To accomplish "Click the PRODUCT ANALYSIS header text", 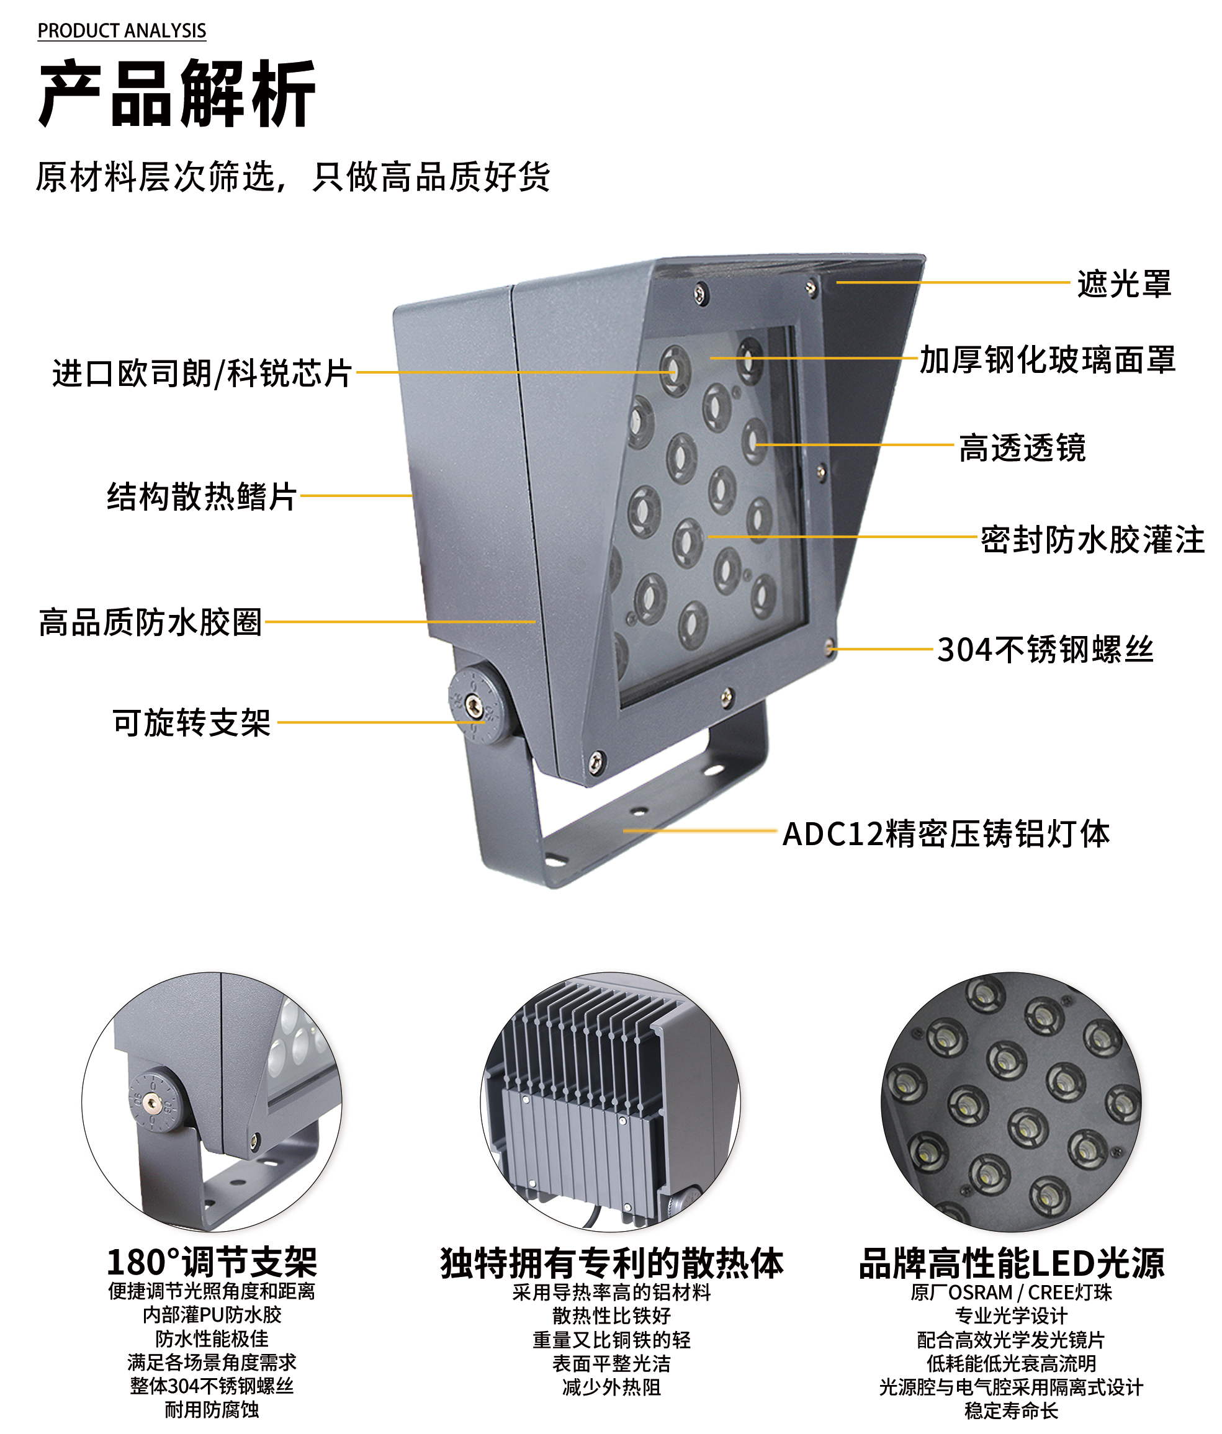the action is [x=122, y=31].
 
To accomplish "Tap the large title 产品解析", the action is [x=177, y=94].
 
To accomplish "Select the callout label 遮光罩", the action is [x=1124, y=284].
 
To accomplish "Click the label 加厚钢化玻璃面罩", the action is [x=1048, y=360].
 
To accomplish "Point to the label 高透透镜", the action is [x=1022, y=448].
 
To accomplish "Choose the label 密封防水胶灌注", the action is [x=1092, y=540].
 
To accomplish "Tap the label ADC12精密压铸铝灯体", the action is [x=946, y=833].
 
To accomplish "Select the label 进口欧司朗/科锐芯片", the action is [x=202, y=374].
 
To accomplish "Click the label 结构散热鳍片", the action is [x=202, y=496].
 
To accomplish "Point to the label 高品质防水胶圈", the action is [x=150, y=622].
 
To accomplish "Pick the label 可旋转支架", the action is [x=191, y=722].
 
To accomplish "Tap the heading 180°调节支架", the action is [x=212, y=1262].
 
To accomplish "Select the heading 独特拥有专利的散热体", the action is [x=612, y=1262].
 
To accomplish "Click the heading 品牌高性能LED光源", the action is [x=1012, y=1262].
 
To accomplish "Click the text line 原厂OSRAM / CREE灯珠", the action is [x=1012, y=1292].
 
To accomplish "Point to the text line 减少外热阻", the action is [x=612, y=1387].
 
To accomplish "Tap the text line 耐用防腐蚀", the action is [x=212, y=1409].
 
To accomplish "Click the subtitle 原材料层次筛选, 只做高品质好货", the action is [x=294, y=176].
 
